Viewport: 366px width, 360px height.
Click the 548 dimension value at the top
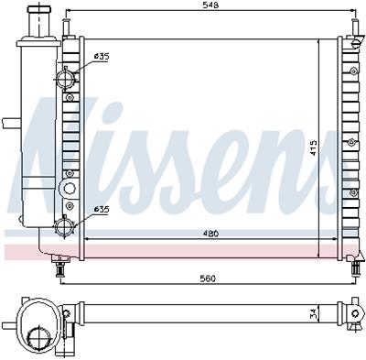[x=210, y=5]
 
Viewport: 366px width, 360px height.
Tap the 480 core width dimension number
[x=210, y=234]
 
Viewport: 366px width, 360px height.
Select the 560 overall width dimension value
[x=208, y=278]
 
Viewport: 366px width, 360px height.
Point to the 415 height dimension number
[x=313, y=148]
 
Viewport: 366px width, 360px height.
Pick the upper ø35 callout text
[x=102, y=57]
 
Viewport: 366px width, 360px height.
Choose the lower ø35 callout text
[x=102, y=209]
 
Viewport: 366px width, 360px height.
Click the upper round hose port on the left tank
[x=65, y=79]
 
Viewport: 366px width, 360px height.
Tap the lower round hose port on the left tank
[x=64, y=226]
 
